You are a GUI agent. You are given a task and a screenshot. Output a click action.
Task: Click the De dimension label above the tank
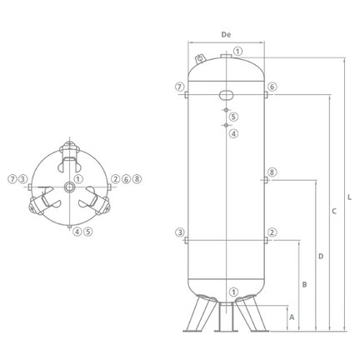pyautogui.click(x=226, y=35)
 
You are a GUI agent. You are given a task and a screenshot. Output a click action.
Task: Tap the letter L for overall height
pyautogui.click(x=349, y=197)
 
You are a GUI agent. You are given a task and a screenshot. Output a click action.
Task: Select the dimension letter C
pyautogui.click(x=334, y=211)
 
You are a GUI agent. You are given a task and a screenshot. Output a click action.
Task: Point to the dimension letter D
pyautogui.click(x=321, y=256)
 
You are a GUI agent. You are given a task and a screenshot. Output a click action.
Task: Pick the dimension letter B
pyautogui.click(x=304, y=284)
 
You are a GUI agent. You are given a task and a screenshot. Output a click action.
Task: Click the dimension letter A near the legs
pyautogui.click(x=292, y=317)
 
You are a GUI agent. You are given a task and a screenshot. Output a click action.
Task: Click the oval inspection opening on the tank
pyautogui.click(x=227, y=94)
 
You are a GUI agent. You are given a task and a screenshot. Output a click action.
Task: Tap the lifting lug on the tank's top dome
pyautogui.click(x=200, y=59)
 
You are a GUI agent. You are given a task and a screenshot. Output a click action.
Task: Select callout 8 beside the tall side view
pyautogui.click(x=272, y=172)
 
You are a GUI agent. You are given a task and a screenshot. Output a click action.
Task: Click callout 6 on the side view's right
pyautogui.click(x=272, y=87)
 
